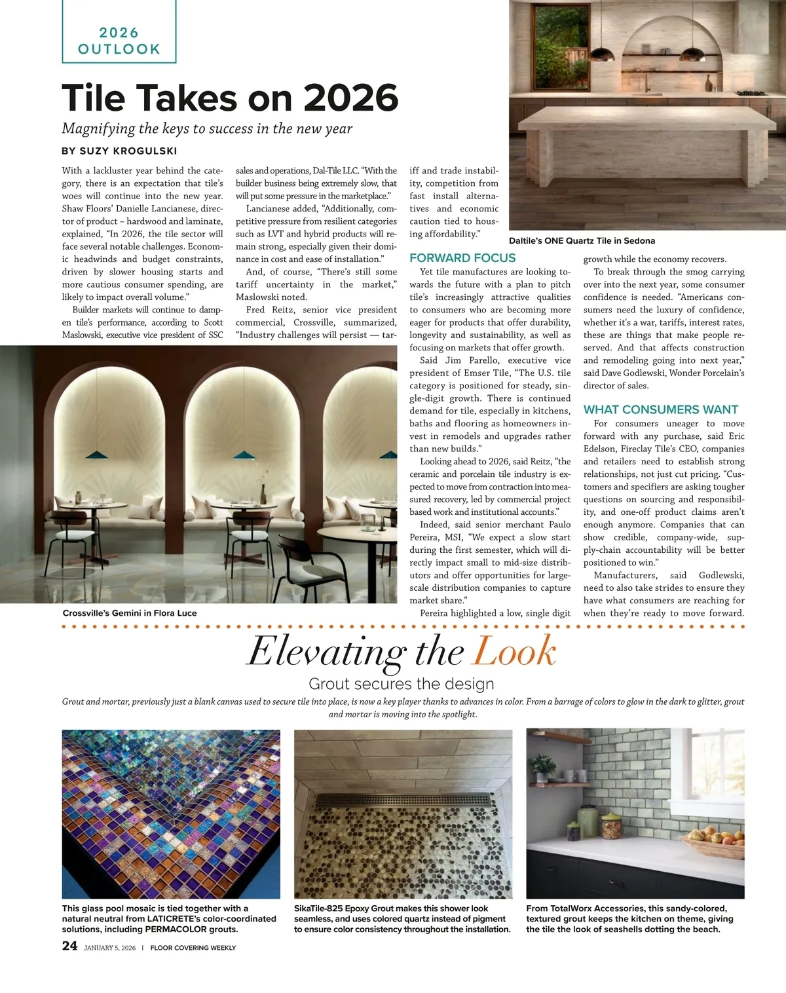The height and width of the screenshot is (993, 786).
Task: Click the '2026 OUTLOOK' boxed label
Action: point(119,41)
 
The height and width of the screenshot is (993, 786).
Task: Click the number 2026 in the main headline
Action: point(351,98)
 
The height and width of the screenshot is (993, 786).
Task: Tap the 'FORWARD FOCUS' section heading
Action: point(462,258)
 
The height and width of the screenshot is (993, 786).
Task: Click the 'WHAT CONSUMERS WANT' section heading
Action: point(660,409)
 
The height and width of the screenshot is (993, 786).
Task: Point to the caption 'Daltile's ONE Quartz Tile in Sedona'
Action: point(582,240)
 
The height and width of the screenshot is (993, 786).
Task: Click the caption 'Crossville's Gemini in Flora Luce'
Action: point(130,613)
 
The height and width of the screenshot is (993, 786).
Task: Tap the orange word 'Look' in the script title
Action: point(514,652)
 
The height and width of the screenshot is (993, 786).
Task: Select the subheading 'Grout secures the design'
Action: point(401,684)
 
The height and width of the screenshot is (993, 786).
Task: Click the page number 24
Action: point(69,945)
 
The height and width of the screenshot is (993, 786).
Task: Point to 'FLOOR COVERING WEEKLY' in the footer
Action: point(193,948)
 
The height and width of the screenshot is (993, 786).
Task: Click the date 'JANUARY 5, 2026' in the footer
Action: point(109,948)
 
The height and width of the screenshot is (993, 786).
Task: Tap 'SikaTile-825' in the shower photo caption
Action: point(318,909)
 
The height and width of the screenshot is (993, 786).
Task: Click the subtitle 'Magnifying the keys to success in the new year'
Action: point(207,128)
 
